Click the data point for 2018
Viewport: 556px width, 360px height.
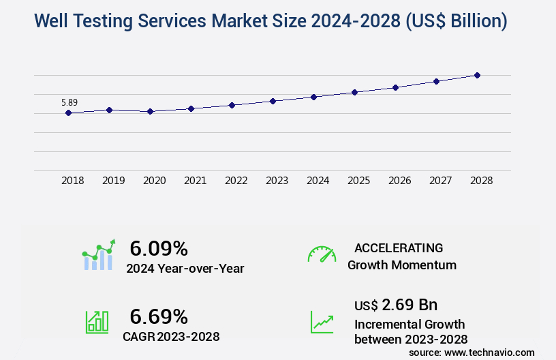pos(68,112)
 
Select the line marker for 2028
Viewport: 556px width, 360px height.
pos(477,75)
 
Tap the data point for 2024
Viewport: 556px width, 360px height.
pos(313,97)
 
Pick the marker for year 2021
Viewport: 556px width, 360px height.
pos(191,108)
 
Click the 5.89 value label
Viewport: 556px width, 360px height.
pos(69,103)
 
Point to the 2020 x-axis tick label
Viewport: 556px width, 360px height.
pos(154,181)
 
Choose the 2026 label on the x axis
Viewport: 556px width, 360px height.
pos(399,181)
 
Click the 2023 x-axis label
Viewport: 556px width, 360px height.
pos(277,181)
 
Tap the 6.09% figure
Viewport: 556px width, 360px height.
pos(159,248)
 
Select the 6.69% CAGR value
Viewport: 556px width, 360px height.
pos(159,316)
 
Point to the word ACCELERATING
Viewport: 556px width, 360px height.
pos(399,248)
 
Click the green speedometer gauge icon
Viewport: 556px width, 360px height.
pos(322,254)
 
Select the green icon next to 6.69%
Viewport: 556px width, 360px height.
pos(97,322)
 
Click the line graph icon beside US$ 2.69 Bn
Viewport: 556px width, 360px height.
pos(322,322)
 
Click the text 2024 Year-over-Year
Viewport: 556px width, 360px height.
pos(185,269)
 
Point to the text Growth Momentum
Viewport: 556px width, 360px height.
pos(402,265)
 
